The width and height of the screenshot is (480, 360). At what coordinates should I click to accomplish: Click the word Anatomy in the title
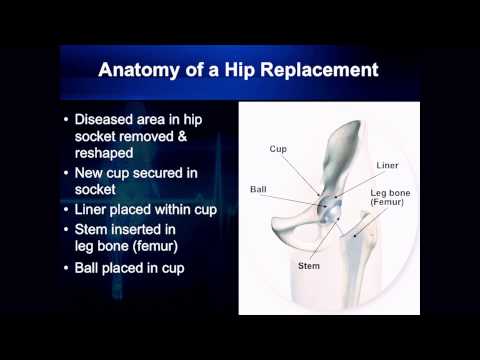coord(148,71)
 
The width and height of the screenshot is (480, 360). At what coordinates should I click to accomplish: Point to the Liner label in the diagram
coord(389,164)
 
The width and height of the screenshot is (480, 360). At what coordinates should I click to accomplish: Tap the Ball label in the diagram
coord(258,188)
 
